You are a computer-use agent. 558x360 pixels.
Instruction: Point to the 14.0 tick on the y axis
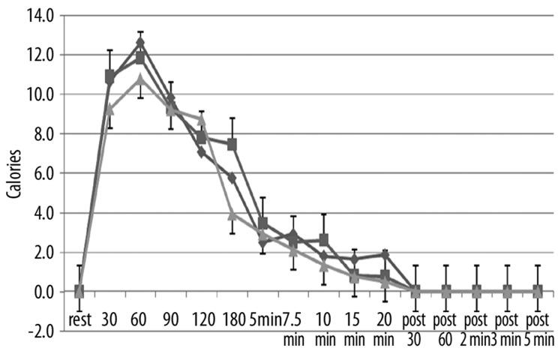tap(38, 15)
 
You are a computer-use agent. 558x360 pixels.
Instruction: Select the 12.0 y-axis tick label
tap(38, 55)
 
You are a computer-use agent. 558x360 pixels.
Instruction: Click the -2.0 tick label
tap(38, 331)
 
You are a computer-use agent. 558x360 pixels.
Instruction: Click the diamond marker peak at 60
tap(140, 43)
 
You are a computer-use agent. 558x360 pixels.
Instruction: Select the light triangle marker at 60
tap(140, 79)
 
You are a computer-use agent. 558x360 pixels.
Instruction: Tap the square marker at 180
tap(232, 144)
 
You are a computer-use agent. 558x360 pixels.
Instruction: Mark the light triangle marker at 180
tap(232, 214)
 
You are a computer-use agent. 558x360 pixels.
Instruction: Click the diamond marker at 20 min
tap(385, 255)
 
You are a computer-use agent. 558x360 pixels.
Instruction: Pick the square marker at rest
tap(79, 291)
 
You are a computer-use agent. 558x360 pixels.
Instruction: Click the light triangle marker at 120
tap(202, 118)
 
